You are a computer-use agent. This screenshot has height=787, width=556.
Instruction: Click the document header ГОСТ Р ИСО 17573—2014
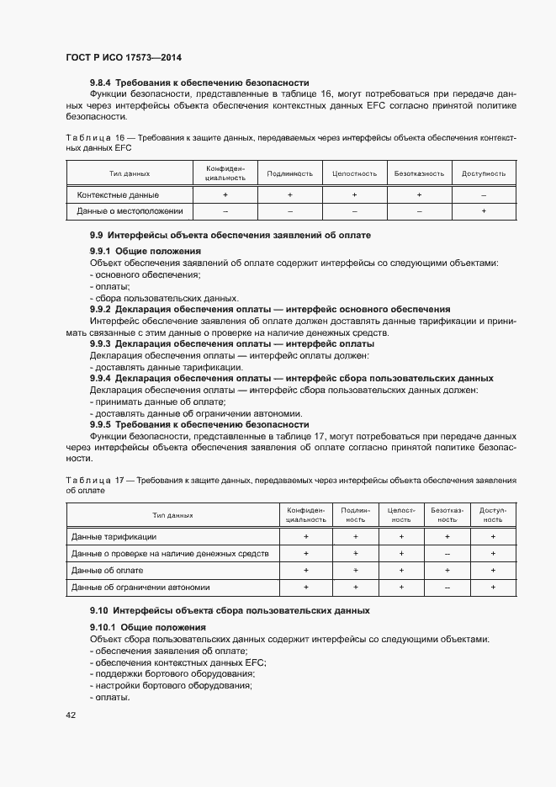point(123,57)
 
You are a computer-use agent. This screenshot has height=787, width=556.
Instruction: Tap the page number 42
point(70,715)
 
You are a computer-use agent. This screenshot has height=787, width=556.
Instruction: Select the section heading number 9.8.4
point(101,82)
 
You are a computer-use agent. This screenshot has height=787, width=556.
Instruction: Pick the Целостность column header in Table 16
point(354,173)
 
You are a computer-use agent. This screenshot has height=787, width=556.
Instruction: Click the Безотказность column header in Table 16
point(419,173)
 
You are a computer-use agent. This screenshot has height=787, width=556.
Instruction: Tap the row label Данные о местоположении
point(130,210)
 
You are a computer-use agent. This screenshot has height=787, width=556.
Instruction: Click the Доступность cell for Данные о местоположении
point(484,210)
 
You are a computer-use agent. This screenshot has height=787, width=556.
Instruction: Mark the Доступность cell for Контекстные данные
point(484,194)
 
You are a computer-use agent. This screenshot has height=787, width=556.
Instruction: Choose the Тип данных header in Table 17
point(172,514)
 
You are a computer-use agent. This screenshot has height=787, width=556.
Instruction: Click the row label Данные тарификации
point(114,536)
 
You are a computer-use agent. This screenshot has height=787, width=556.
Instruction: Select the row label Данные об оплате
point(108,570)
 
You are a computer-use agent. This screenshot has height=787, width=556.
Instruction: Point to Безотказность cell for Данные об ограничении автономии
point(447,587)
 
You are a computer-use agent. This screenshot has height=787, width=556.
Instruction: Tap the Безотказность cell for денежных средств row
point(447,553)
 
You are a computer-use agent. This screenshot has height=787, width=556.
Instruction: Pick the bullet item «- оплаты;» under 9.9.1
point(104,286)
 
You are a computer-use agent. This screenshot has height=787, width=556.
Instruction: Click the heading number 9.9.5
point(101,425)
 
